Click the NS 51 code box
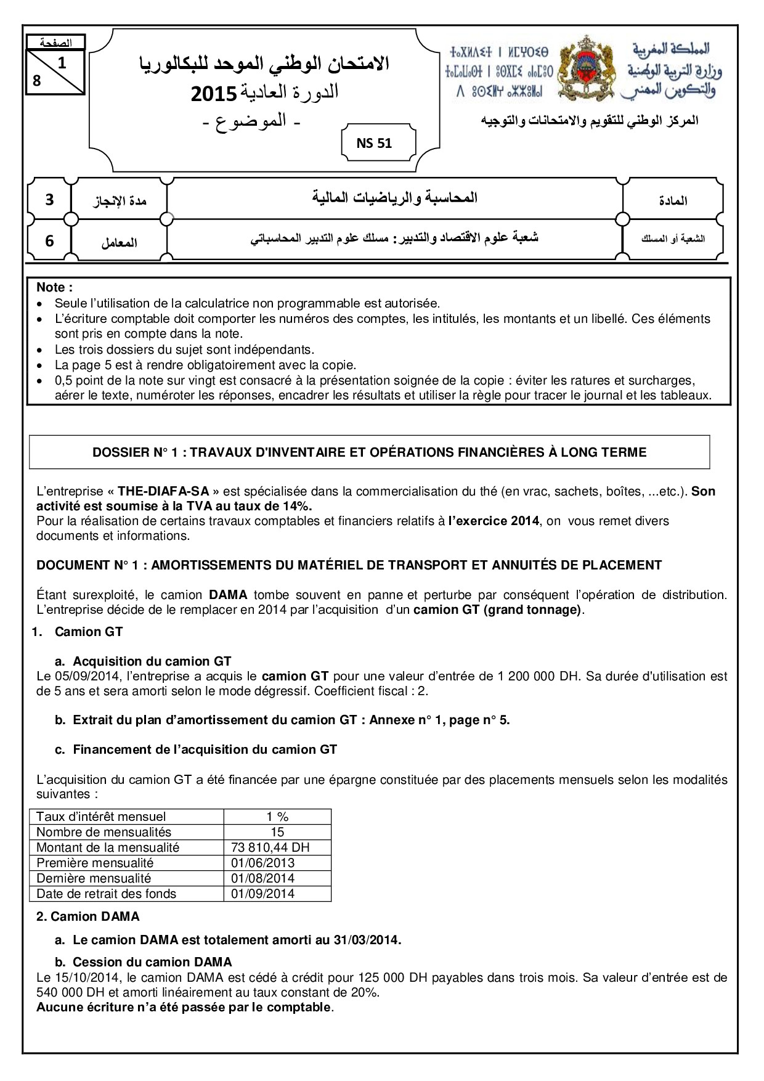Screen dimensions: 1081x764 click(x=374, y=144)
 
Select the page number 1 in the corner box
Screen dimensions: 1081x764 click(x=62, y=63)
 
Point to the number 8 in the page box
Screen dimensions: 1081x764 click(x=37, y=80)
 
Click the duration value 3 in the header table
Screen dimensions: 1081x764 click(x=49, y=200)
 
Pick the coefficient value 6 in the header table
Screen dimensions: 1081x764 click(x=49, y=241)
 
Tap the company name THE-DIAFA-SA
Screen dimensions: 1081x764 click(x=167, y=491)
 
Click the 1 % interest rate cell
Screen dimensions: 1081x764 click(x=277, y=817)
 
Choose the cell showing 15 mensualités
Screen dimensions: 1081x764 click(x=277, y=832)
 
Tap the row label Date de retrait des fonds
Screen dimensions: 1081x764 click(x=106, y=894)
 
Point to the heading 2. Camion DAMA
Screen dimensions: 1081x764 click(x=88, y=916)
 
